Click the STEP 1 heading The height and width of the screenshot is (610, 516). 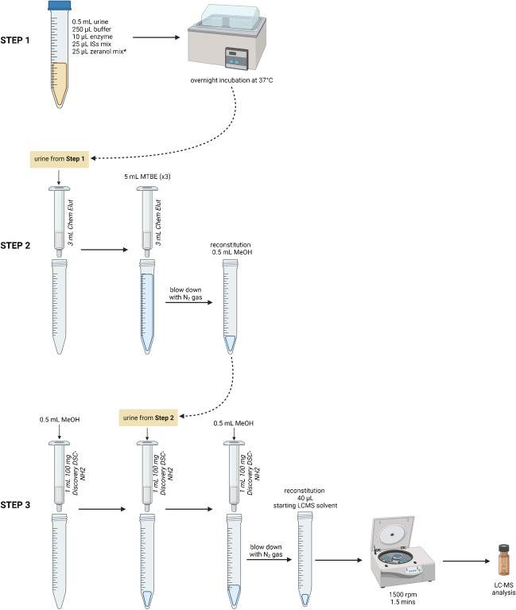[21, 37]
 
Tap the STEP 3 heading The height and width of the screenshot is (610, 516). [21, 482]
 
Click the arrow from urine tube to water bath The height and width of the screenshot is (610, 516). [155, 37]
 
